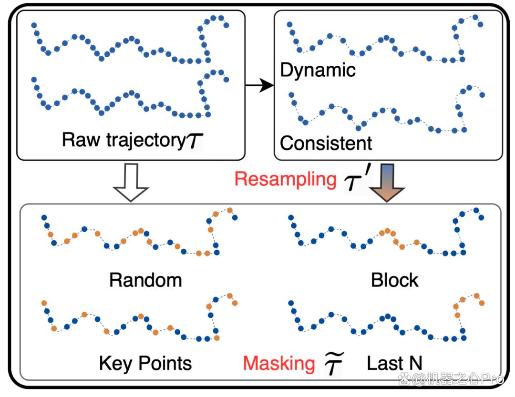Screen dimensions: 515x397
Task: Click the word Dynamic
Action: (x=318, y=70)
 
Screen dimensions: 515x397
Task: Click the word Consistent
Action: (x=326, y=143)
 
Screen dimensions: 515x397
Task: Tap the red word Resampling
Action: (x=286, y=180)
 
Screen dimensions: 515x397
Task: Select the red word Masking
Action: (x=279, y=364)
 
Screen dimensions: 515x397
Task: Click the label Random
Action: (x=145, y=280)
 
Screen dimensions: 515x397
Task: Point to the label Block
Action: (x=394, y=280)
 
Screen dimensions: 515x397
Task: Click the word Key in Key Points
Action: (x=115, y=364)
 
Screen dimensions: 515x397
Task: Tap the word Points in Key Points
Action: (x=165, y=363)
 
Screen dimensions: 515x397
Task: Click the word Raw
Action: (x=81, y=140)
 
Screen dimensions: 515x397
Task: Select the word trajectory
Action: (x=146, y=141)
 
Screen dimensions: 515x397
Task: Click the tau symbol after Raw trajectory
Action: (x=195, y=141)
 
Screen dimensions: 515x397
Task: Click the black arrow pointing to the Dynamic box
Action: (x=259, y=85)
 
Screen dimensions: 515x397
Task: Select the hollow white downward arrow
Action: (x=131, y=182)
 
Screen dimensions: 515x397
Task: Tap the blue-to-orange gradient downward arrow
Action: (x=387, y=183)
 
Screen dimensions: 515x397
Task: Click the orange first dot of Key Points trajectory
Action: (x=44, y=303)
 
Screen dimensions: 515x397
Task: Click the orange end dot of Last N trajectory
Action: (x=482, y=303)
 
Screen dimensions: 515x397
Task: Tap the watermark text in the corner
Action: (x=451, y=379)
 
